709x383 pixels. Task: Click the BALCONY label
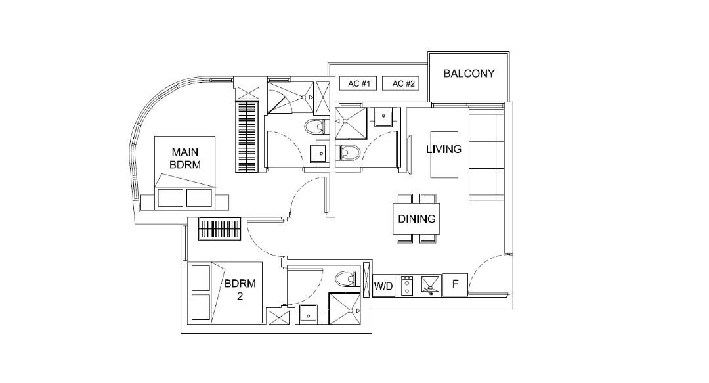(x=469, y=74)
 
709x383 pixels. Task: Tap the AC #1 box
(x=359, y=84)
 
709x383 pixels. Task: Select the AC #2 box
(x=403, y=84)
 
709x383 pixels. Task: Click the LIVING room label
(x=444, y=149)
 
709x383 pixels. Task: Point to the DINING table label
(x=417, y=219)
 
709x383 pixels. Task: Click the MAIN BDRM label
(x=184, y=158)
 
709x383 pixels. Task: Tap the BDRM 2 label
(x=240, y=290)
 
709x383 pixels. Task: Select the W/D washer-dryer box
(x=383, y=286)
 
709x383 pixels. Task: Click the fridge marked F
(x=455, y=285)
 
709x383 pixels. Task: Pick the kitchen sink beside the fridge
(x=429, y=285)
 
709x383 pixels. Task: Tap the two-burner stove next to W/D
(x=406, y=285)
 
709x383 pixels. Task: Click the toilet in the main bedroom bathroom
(x=316, y=126)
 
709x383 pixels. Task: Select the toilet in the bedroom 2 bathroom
(x=345, y=279)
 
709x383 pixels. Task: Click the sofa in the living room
(x=486, y=154)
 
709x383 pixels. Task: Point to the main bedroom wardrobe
(x=248, y=137)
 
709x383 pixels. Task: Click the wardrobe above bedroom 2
(x=221, y=229)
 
